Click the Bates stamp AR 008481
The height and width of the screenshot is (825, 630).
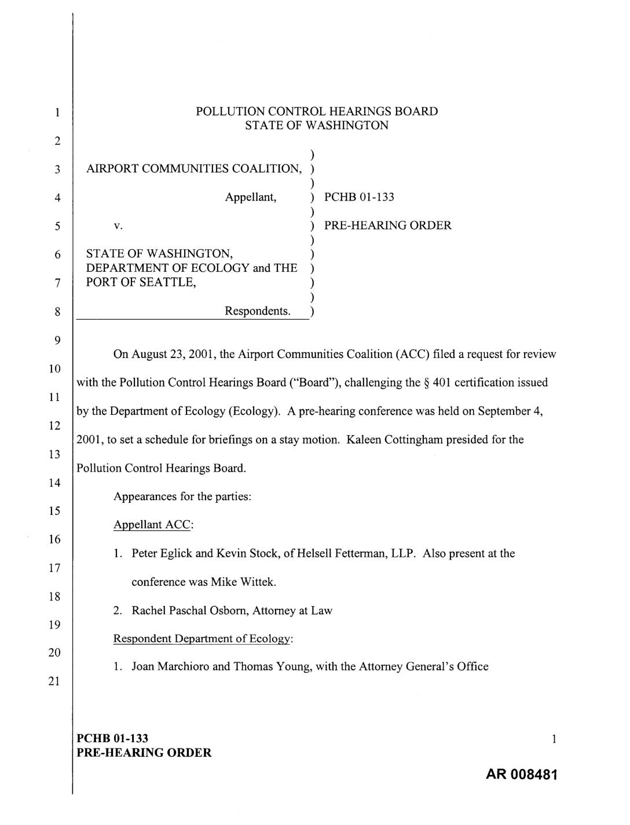point(514,775)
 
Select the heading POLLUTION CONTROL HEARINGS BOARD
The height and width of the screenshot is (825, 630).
point(317,111)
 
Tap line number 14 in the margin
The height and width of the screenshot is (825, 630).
point(54,483)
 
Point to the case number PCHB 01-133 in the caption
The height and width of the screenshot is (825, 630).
point(359,197)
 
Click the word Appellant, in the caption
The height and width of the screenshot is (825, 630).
point(251,197)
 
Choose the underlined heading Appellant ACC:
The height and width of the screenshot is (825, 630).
point(153,525)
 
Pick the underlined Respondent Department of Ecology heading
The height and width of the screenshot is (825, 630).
point(203,638)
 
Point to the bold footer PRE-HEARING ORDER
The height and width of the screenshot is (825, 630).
point(144,753)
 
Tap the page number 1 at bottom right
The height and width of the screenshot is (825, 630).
point(554,739)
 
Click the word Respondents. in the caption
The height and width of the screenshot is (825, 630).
point(258,311)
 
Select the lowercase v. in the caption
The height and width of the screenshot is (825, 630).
point(118,226)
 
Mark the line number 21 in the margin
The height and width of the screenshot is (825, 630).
point(54,681)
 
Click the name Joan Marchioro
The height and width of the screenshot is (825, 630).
point(170,667)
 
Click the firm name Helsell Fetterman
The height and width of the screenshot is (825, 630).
point(342,553)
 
